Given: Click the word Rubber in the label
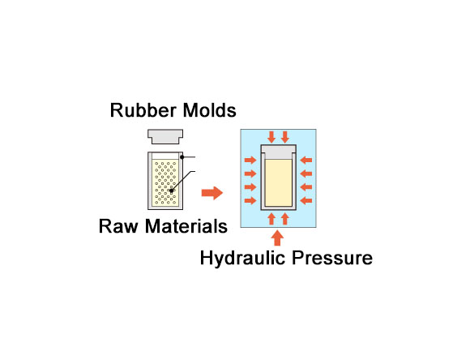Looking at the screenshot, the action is tap(143, 110).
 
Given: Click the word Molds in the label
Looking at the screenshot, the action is tap(210, 110).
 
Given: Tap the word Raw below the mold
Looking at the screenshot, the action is tap(118, 226).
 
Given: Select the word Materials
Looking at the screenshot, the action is tap(186, 226).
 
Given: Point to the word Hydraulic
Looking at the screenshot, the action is tap(242, 258).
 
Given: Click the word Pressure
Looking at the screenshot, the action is tap(332, 258).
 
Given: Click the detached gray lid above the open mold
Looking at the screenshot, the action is tap(165, 136).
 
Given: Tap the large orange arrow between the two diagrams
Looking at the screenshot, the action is tap(212, 193).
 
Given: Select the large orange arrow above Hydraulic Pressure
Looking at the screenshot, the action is tap(277, 238).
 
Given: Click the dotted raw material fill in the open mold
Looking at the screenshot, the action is tap(165, 182).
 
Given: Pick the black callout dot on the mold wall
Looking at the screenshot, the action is tap(182, 157).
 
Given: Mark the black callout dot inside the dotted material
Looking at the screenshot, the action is tap(171, 191).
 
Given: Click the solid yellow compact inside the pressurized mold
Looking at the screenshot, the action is tap(279, 182).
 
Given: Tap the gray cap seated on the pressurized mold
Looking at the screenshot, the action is tap(279, 152).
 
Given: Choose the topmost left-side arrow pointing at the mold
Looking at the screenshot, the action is tap(250, 160).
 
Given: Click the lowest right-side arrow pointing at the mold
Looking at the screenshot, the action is tap(306, 200).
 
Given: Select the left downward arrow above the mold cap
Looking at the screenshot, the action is tap(271, 137).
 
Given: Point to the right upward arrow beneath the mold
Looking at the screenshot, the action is tap(285, 219).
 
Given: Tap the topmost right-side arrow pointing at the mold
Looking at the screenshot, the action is tap(306, 161).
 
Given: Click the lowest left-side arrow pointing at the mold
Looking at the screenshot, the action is tap(250, 200).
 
